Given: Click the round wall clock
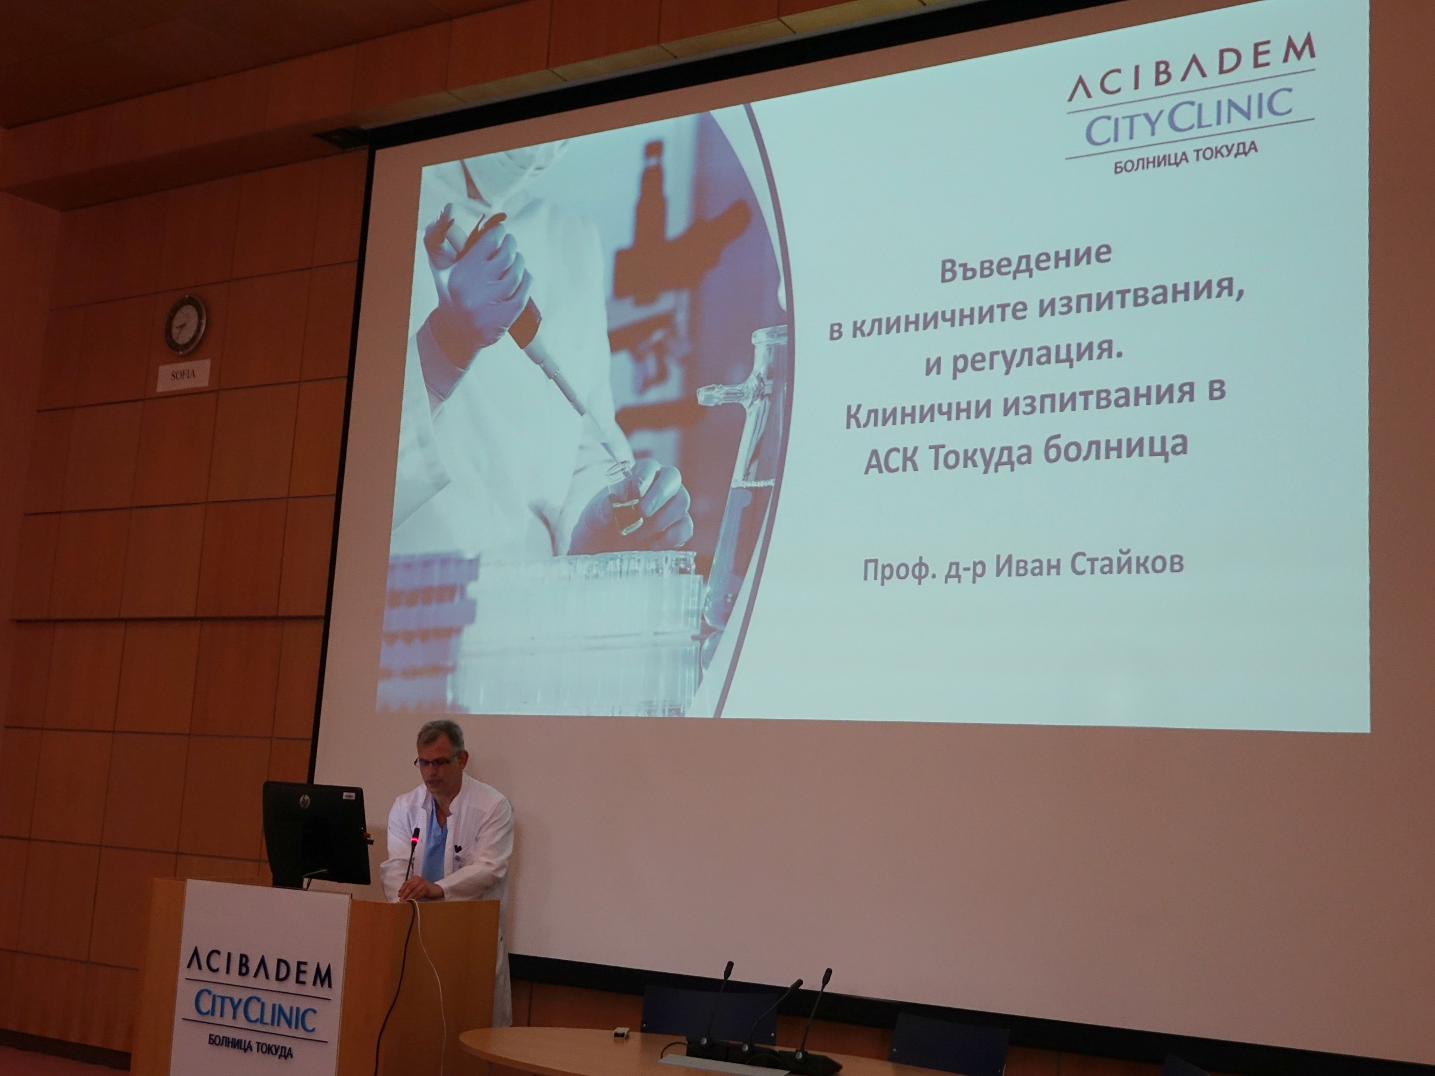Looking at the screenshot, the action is (x=185, y=325).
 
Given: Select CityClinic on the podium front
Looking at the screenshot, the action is (x=255, y=1013).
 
